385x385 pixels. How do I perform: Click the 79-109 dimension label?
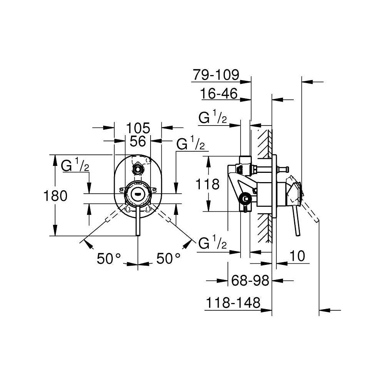[216, 75]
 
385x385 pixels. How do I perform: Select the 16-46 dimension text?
[219, 94]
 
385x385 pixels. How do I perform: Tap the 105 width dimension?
[138, 128]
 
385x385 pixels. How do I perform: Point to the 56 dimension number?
[138, 141]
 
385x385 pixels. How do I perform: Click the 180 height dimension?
[55, 196]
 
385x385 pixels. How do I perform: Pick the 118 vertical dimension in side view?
[207, 184]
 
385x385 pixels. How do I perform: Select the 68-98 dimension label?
[250, 280]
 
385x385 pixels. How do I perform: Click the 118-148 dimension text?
[233, 303]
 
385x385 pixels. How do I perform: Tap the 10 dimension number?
[297, 256]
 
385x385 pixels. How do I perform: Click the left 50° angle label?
[109, 258]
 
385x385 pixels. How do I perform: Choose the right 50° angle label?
[169, 258]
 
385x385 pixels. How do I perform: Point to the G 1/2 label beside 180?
[75, 165]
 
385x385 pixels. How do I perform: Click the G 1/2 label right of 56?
[191, 143]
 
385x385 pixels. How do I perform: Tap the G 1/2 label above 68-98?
[213, 242]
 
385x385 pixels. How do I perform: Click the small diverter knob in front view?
[138, 169]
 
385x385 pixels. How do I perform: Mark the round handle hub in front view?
[138, 194]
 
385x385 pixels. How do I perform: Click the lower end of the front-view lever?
[138, 235]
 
